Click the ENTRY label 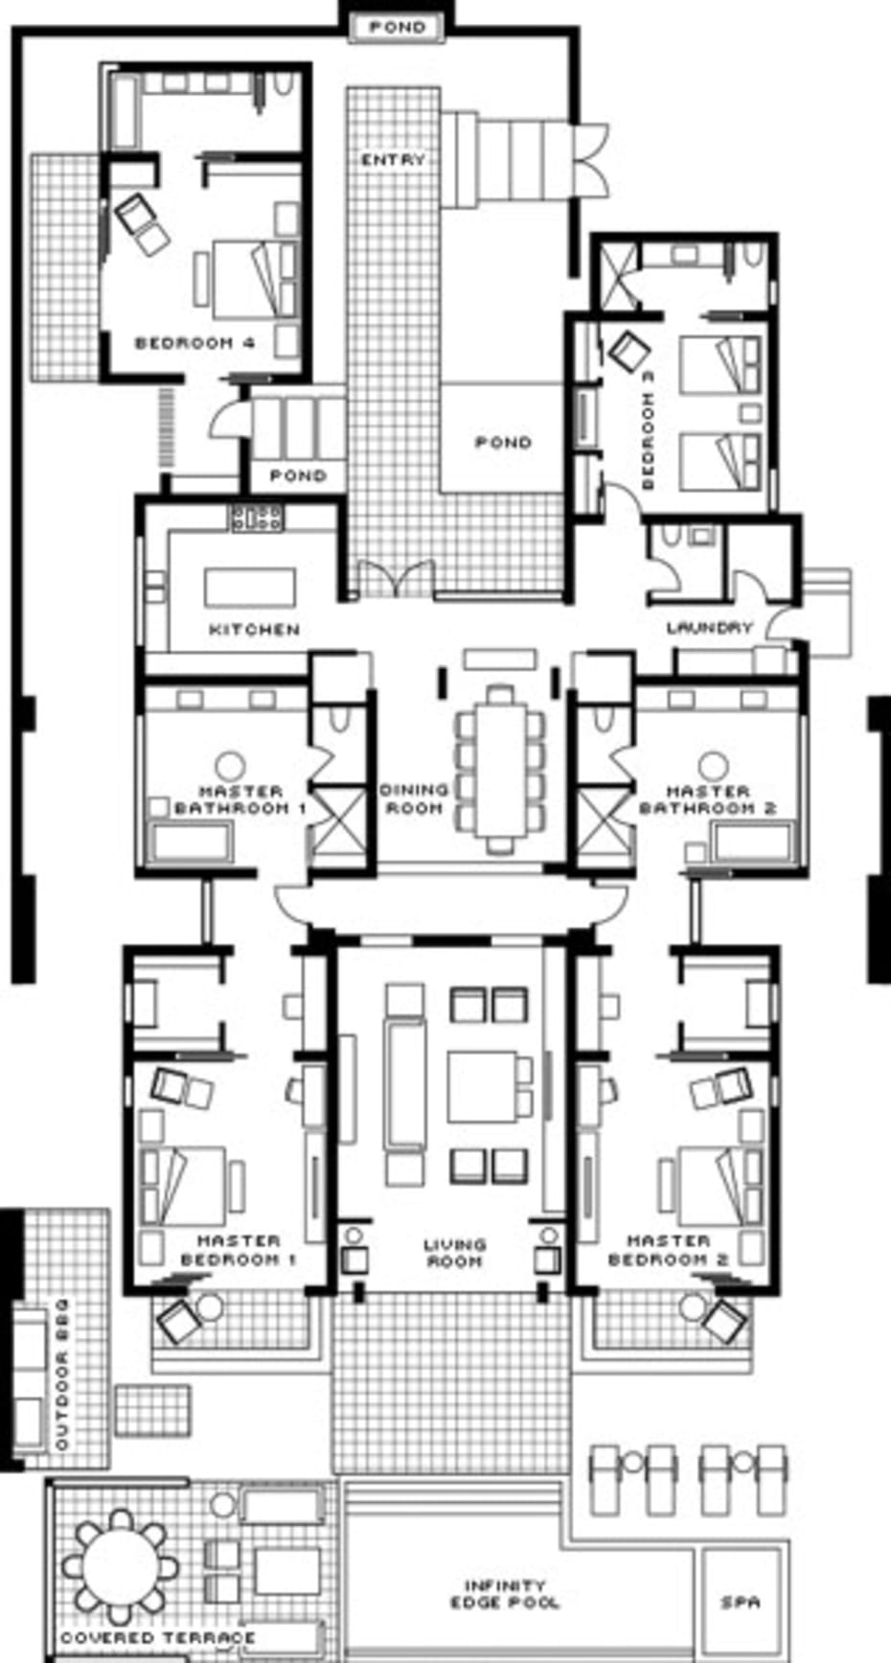pos(393,159)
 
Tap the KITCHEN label pos(255,630)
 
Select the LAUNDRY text pos(710,628)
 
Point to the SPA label pos(740,1602)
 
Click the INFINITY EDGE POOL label pos(505,1594)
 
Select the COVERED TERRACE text pos(158,1637)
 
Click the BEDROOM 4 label pos(195,342)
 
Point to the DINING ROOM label pos(414,798)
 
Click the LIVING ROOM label pos(455,1253)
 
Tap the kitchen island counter pos(250,587)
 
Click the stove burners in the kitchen pos(256,519)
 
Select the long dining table pos(499,768)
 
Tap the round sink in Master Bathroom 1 pos(230,766)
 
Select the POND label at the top pos(397,28)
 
